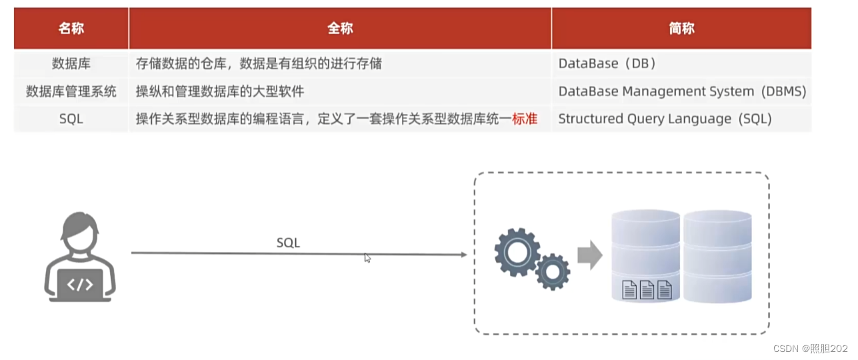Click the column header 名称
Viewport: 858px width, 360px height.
point(71,29)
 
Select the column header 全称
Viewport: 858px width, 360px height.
point(340,29)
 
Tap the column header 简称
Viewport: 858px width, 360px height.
point(681,29)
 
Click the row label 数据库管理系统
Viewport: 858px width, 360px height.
point(71,91)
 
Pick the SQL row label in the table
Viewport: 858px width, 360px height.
point(71,119)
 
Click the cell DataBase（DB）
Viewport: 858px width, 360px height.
point(607,64)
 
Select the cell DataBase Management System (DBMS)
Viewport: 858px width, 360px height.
point(682,91)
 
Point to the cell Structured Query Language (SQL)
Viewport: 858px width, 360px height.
point(665,119)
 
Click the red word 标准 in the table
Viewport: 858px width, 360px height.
point(525,119)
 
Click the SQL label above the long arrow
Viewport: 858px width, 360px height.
point(288,243)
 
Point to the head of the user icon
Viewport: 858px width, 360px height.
point(80,233)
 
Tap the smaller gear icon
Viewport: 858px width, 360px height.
point(553,271)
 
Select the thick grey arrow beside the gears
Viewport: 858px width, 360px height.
point(589,255)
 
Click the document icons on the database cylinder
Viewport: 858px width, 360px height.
point(647,289)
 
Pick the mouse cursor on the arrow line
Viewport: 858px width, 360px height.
point(367,258)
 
